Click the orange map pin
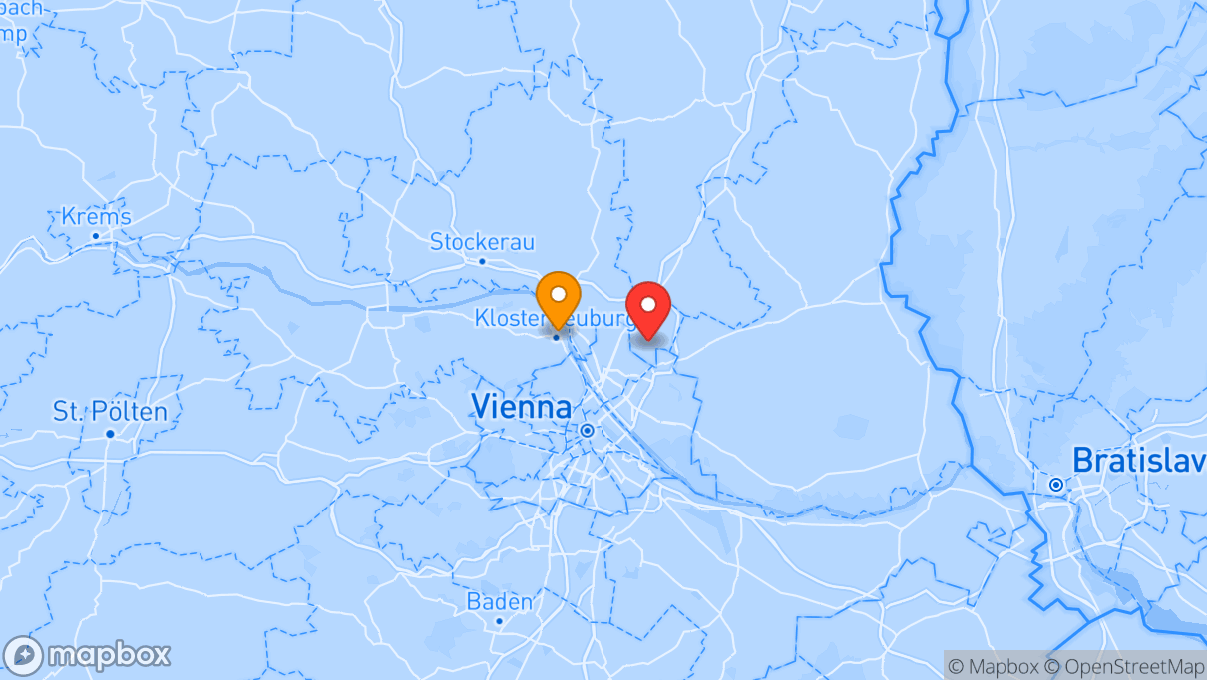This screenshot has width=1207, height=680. pyautogui.click(x=558, y=296)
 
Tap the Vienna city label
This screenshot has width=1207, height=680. pyautogui.click(x=521, y=407)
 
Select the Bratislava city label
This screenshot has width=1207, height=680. pyautogui.click(x=1137, y=460)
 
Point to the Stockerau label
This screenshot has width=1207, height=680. pyautogui.click(x=482, y=242)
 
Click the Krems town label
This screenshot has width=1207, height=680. pyautogui.click(x=96, y=217)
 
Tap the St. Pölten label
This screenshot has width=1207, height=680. pyautogui.click(x=110, y=411)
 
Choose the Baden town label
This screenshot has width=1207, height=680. pyautogui.click(x=499, y=602)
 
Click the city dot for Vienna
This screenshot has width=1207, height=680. pyautogui.click(x=587, y=431)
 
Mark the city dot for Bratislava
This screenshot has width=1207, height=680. pyautogui.click(x=1055, y=485)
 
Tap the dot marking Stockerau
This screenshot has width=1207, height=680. pyautogui.click(x=482, y=262)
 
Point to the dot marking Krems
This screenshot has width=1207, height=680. pyautogui.click(x=96, y=236)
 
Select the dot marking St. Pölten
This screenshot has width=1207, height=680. pyautogui.click(x=110, y=433)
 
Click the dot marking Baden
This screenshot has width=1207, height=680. pyautogui.click(x=499, y=621)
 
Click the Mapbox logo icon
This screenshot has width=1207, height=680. pyautogui.click(x=23, y=656)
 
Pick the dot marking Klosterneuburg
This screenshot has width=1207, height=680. pyautogui.click(x=556, y=337)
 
